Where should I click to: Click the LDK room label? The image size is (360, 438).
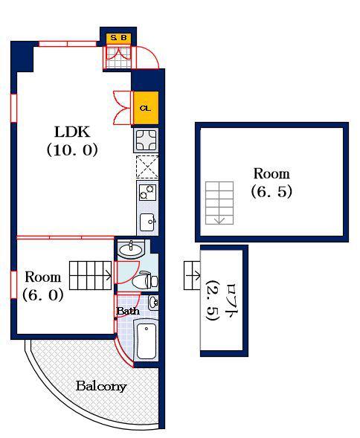[x=72, y=141]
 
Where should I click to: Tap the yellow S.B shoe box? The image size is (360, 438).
[x=118, y=38]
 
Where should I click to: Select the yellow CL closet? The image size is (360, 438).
[x=146, y=108]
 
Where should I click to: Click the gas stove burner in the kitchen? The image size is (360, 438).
[x=146, y=140]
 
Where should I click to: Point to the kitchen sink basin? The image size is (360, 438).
[x=147, y=222]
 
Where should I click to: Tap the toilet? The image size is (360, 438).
[x=145, y=280]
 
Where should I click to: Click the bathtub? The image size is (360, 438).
[x=146, y=341]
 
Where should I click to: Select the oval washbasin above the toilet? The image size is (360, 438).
[x=131, y=248]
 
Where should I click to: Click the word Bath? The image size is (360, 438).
[x=128, y=311]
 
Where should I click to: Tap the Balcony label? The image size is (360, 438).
[x=101, y=387]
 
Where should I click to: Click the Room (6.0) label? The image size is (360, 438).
[x=42, y=286]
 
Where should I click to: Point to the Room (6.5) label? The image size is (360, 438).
[x=271, y=183]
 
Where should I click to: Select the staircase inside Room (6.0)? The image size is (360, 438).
[x=91, y=275]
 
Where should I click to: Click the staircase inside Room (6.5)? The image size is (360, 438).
[x=219, y=203]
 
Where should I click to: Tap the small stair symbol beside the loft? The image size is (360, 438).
[x=193, y=275]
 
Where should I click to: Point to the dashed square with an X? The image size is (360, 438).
[x=147, y=167]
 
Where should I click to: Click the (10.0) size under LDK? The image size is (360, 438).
[x=72, y=149]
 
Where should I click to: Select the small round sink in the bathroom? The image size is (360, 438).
[x=153, y=302]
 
